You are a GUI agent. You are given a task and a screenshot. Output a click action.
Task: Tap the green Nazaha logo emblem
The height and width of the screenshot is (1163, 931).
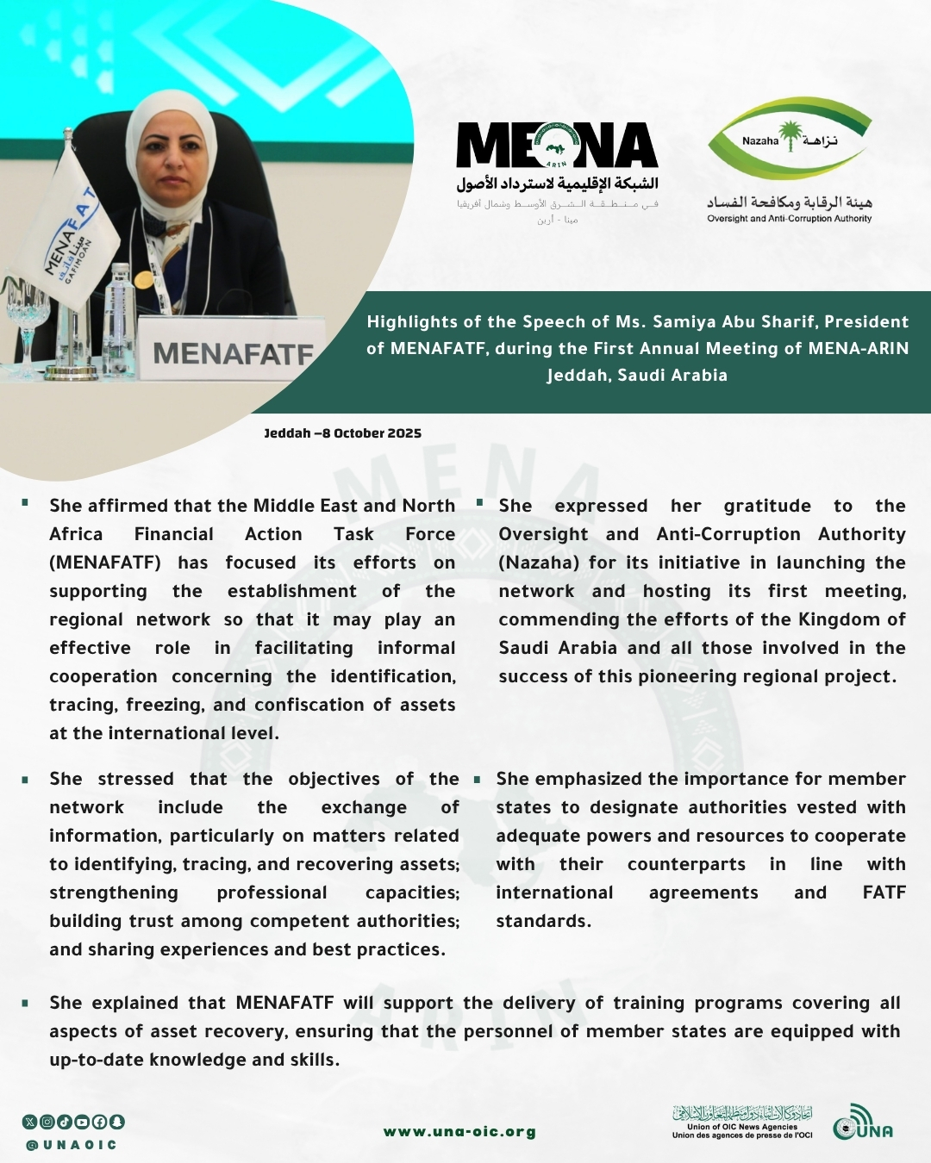pyautogui.click(x=789, y=139)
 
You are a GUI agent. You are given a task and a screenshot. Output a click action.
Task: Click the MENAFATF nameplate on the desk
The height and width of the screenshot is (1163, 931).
pyautogui.click(x=232, y=351)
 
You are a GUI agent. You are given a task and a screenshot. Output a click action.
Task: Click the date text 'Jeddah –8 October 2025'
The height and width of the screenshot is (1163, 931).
pyautogui.click(x=342, y=433)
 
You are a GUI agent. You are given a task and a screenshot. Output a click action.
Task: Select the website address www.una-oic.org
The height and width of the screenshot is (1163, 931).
pyautogui.click(x=459, y=1132)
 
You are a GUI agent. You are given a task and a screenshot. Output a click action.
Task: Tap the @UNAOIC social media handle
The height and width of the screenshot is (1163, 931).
pyautogui.click(x=71, y=1145)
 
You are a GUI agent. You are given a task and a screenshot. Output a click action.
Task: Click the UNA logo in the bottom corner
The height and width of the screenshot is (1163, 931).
pyautogui.click(x=862, y=1123)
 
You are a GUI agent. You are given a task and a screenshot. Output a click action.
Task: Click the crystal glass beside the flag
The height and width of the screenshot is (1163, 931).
pyautogui.click(x=26, y=310)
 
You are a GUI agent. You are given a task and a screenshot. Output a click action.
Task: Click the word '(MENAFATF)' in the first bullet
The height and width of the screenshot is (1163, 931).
pyautogui.click(x=105, y=563)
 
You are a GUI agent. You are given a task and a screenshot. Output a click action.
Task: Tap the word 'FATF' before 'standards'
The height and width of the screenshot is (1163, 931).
pyautogui.click(x=884, y=892)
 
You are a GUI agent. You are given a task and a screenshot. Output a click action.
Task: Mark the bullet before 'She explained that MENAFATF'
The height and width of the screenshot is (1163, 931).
pyautogui.click(x=26, y=1003)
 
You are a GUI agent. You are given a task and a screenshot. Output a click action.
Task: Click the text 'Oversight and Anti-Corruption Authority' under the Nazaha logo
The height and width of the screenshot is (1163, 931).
pyautogui.click(x=789, y=219)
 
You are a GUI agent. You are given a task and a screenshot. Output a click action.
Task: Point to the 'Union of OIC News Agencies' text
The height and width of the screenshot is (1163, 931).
pyautogui.click(x=741, y=1126)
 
